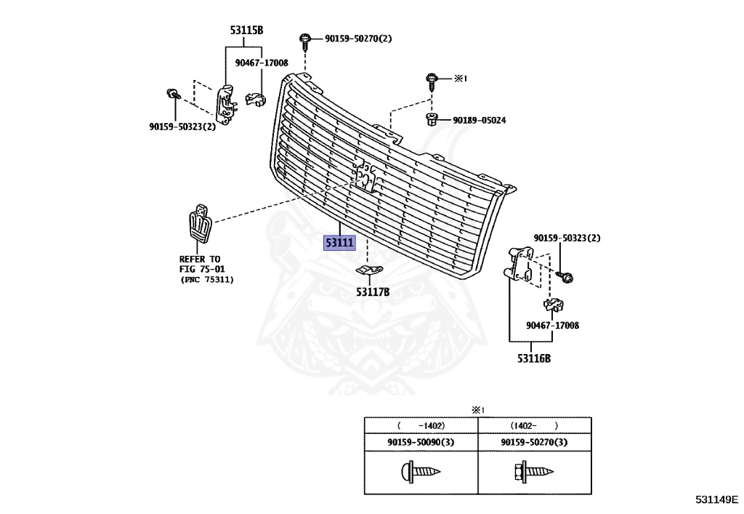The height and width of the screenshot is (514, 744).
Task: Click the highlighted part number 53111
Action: (340, 242)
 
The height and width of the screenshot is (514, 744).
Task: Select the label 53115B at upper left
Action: (246, 30)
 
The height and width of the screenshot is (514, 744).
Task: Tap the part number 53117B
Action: (373, 292)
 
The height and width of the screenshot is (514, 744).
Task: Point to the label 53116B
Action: (534, 358)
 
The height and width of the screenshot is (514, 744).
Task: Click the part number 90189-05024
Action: (480, 120)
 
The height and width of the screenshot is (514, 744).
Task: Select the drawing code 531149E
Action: (716, 499)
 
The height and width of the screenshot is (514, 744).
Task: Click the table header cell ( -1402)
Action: (421, 426)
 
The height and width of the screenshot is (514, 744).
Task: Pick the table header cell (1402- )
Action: (534, 426)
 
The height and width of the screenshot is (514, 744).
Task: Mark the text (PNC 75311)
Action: (208, 280)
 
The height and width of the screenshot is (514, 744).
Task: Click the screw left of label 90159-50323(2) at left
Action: (173, 93)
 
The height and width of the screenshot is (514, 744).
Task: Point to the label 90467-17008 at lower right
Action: (554, 326)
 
